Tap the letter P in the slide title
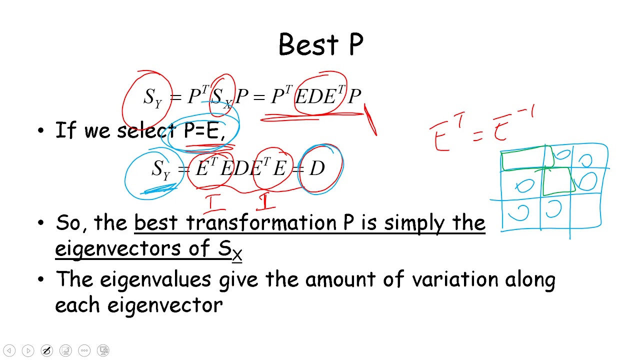pyautogui.click(x=356, y=45)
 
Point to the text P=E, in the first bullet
pyautogui.click(x=204, y=131)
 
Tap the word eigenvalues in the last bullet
pyautogui.click(x=155, y=279)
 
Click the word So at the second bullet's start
pyautogui.click(x=69, y=222)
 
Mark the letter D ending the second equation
pyautogui.click(x=317, y=169)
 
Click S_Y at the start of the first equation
pyautogui.click(x=153, y=97)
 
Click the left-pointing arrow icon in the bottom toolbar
pyautogui.click(x=9, y=350)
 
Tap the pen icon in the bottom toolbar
pyautogui.click(x=46, y=350)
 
